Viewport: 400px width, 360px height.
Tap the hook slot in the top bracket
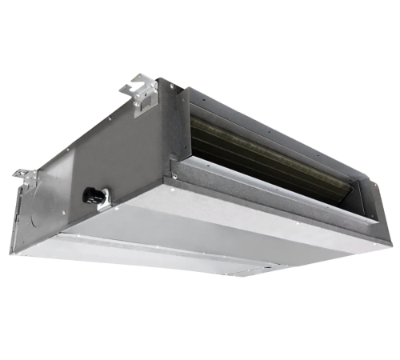coord(141,83)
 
